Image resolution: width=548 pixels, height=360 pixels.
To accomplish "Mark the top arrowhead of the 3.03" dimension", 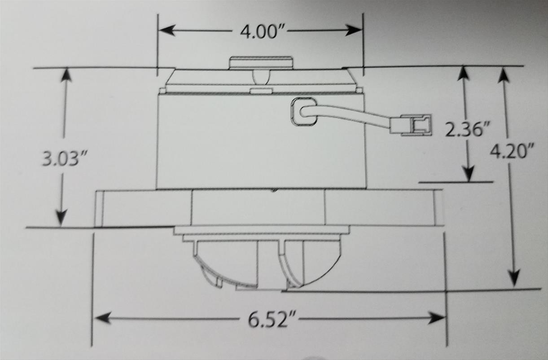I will (x=66, y=75).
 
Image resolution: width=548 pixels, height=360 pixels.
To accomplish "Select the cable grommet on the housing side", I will (x=303, y=112).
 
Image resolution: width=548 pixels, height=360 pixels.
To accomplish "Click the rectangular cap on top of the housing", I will (x=260, y=62).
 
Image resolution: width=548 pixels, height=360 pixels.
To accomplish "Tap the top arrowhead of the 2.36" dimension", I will (x=463, y=73).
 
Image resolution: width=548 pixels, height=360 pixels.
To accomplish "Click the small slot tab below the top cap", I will (x=261, y=91).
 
